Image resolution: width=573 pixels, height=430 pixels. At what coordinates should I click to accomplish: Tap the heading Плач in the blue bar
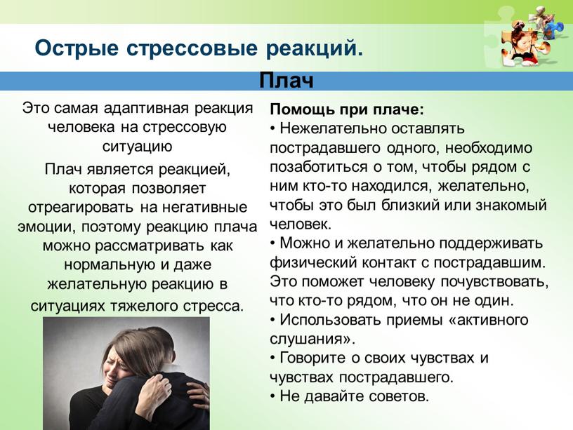coord(286,81)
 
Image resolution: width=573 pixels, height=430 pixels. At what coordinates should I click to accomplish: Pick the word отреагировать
coord(81,208)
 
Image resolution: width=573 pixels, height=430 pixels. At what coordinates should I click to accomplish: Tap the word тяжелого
coord(145,306)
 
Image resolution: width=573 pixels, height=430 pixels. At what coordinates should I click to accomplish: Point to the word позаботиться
coord(319,167)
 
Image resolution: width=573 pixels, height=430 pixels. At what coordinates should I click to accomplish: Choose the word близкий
coord(411,205)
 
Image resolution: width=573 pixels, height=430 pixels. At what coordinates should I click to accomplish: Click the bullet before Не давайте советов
coord(273,397)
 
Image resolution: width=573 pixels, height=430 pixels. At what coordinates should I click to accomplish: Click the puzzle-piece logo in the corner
coord(526,36)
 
